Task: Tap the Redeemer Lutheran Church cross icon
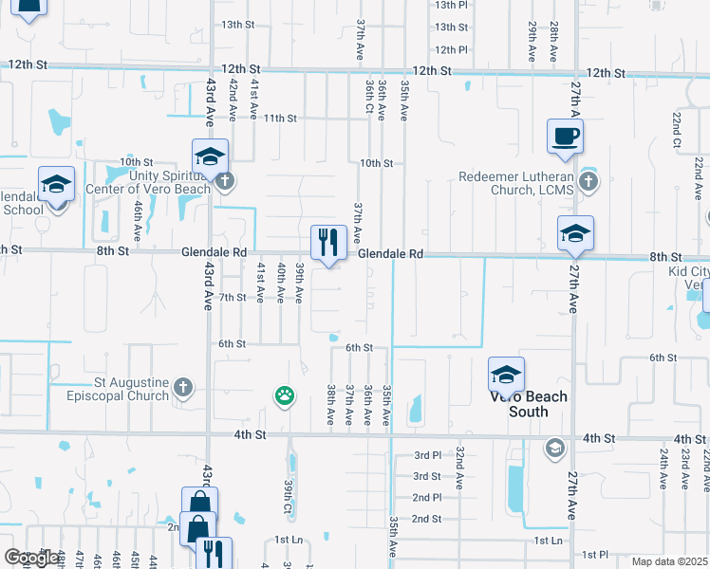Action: [589, 181]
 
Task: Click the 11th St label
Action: [281, 119]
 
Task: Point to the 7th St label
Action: [233, 297]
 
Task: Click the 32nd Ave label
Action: [459, 468]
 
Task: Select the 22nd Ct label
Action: [677, 131]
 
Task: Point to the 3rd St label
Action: [426, 476]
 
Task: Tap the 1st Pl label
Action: [594, 554]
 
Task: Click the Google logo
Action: [31, 558]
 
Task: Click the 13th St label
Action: [238, 24]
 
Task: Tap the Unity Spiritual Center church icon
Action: [224, 180]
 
